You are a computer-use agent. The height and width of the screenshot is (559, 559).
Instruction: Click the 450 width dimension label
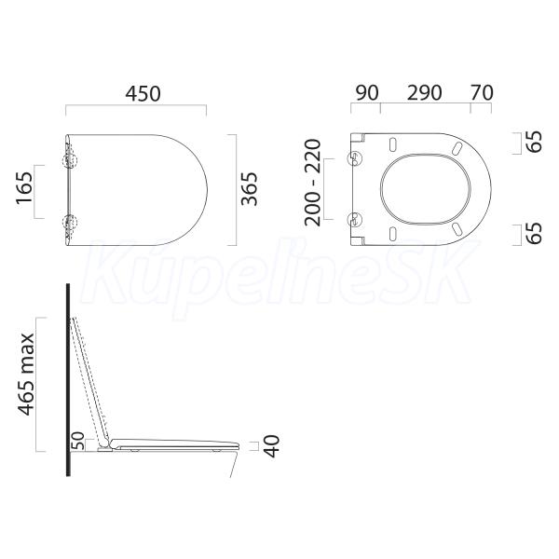tap(143, 94)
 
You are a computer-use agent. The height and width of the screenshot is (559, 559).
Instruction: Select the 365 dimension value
tap(249, 189)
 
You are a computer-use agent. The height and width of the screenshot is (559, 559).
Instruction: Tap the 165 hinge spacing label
tap(24, 188)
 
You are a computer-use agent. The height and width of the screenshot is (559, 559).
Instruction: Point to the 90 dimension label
tap(367, 92)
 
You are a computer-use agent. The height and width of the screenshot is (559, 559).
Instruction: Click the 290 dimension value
tap(424, 92)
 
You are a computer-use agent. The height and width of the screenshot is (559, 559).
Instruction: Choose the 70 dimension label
tap(482, 92)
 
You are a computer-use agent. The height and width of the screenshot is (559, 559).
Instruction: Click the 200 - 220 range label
tap(313, 183)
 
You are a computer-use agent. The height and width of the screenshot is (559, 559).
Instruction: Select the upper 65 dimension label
tap(534, 142)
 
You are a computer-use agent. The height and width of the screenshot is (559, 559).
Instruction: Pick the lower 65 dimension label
tap(534, 234)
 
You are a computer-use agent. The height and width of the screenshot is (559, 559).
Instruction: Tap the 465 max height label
tap(26, 375)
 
